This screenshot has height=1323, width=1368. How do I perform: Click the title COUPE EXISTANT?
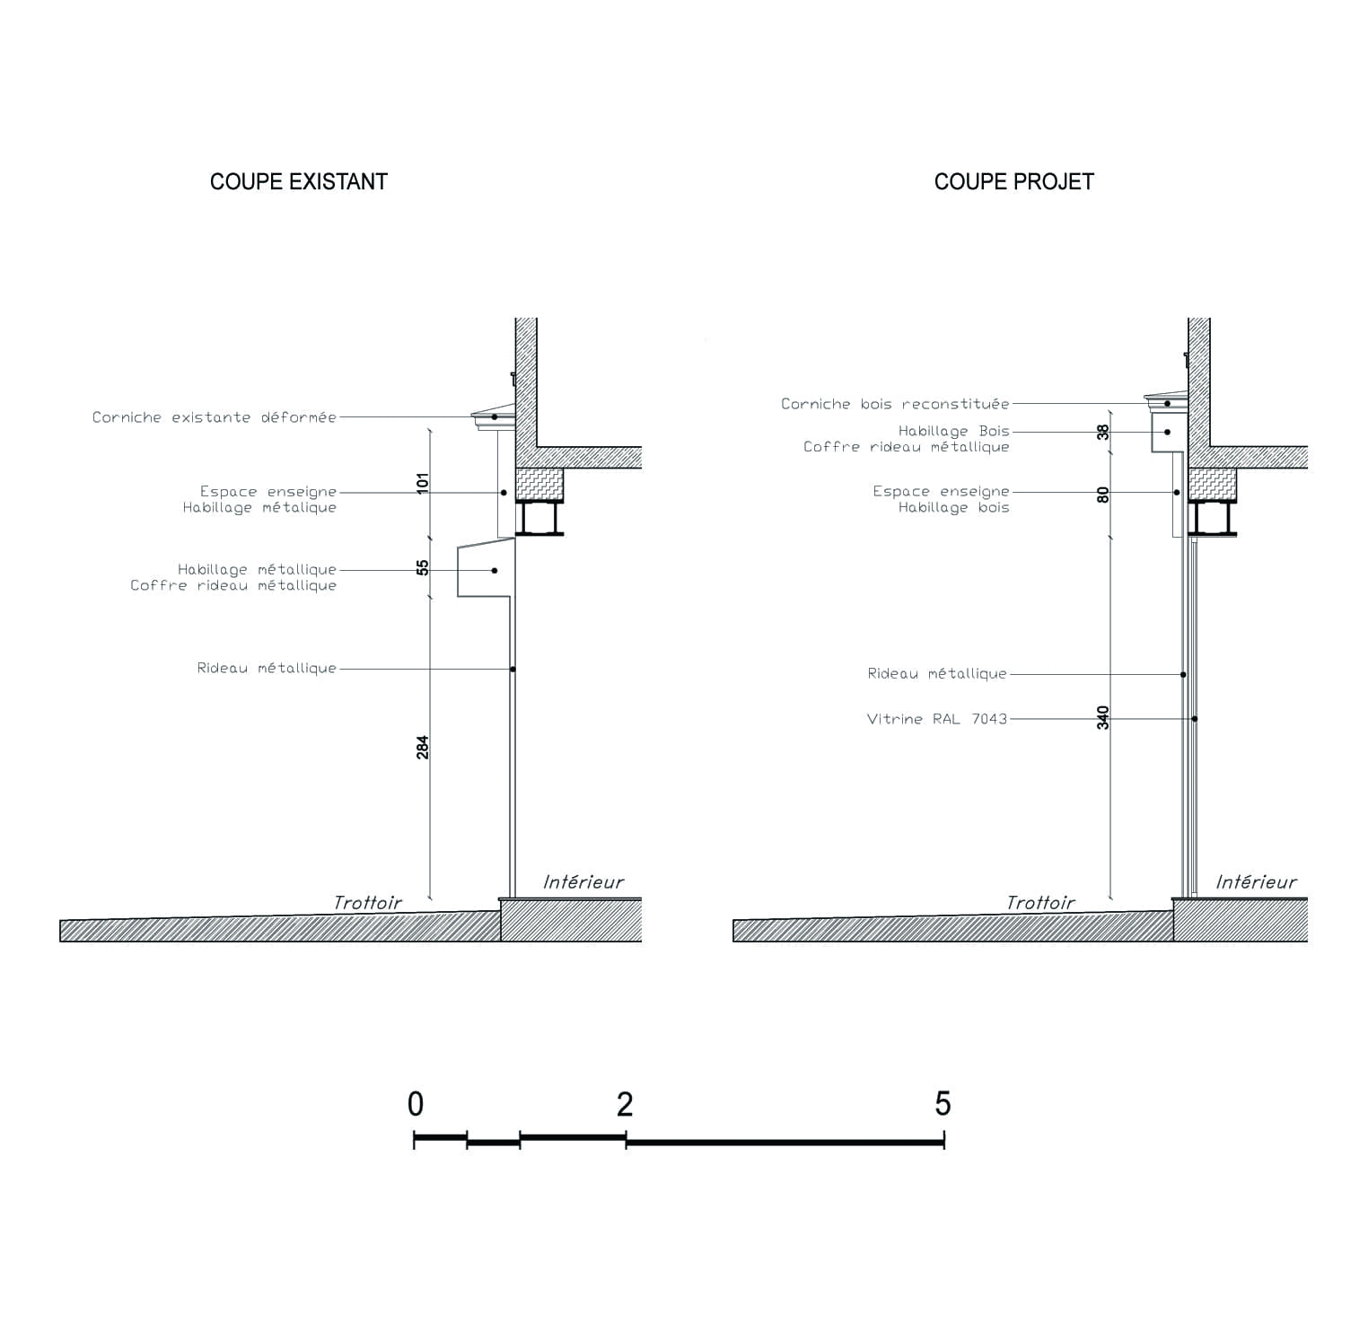pos(299,181)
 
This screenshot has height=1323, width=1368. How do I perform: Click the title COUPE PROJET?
pos(1014,181)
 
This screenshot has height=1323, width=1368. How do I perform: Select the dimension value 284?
pos(423,747)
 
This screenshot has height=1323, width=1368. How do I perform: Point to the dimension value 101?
pos(423,482)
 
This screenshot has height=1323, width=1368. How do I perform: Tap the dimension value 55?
pos(423,567)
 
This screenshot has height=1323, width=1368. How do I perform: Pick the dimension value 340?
pos(1103,718)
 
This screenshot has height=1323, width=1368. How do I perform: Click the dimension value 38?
pos(1103,432)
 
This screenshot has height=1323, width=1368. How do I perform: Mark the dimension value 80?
pos(1103,495)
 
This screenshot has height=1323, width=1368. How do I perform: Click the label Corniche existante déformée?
pos(215,417)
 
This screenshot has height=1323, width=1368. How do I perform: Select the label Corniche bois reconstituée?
pos(895,404)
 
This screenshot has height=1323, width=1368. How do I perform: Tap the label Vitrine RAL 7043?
pos(937,719)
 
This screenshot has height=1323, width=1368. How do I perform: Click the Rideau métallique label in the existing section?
pos(267,668)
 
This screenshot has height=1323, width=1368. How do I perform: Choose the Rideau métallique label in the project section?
pos(937,673)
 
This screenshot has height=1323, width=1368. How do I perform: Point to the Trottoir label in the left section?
pos(368,903)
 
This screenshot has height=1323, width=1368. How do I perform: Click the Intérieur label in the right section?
pos(1257,882)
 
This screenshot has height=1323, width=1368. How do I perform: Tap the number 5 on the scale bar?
pos(943,1104)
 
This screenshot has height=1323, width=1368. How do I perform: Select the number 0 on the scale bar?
pos(415,1104)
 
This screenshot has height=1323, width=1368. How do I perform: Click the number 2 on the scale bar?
pos(625,1104)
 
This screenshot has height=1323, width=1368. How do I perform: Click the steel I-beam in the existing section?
pos(539,518)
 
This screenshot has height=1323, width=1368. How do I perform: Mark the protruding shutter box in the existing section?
pos(485,568)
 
